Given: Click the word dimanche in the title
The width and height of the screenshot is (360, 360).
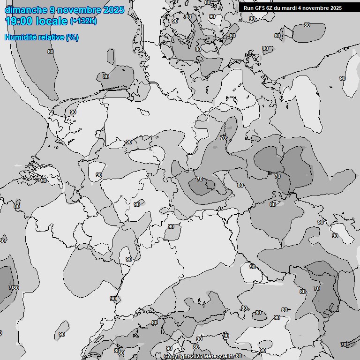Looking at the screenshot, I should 22,10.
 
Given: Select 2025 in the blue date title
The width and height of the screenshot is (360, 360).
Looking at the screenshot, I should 113,10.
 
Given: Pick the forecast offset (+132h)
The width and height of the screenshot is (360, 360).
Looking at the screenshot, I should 83,21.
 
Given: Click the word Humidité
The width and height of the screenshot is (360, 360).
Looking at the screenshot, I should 19,37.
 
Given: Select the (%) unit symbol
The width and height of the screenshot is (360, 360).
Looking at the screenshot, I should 72,37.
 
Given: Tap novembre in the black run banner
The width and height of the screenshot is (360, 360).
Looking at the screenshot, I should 317,8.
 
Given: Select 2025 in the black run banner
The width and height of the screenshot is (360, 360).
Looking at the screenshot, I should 336,8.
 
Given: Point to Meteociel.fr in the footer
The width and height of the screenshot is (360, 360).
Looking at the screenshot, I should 219,357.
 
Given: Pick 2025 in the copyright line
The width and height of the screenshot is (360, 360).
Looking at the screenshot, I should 197,357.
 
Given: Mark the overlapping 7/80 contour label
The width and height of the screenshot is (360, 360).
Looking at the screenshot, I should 14,287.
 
